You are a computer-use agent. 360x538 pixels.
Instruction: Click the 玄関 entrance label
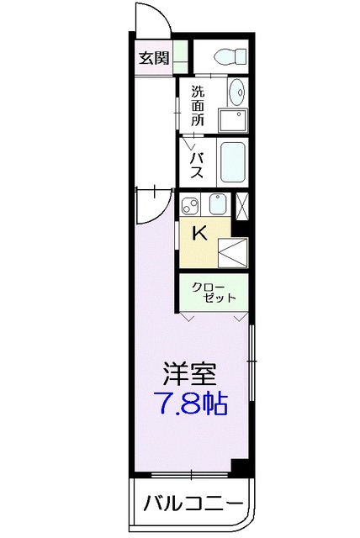coord(153,59)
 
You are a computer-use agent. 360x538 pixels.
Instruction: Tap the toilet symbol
coord(229,57)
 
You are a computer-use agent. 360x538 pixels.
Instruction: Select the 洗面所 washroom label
coord(198,106)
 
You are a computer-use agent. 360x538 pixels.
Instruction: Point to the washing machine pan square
coord(234,119)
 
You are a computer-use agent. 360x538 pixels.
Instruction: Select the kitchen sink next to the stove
coord(218,204)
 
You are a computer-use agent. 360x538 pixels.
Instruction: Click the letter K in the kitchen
coord(200,234)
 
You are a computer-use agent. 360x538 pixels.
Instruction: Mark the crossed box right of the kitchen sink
coord(243,205)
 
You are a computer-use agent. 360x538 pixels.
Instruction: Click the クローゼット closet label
coord(214,293)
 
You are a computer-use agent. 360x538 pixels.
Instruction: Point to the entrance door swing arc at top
coord(151,18)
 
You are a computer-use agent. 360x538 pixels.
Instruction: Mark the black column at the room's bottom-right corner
coord(240,468)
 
